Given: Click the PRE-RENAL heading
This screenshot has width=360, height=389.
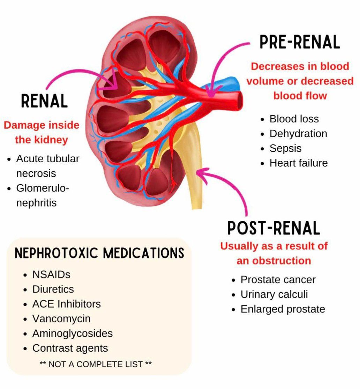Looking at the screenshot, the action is pos(300,42).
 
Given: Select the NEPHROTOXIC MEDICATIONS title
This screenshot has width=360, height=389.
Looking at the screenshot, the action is pos(99,253).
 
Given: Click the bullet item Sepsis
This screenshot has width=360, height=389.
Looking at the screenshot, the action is pos(285,148).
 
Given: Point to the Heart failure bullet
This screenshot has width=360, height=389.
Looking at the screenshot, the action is pos(299,163).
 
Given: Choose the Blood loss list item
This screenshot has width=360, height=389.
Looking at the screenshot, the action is pos(294,119).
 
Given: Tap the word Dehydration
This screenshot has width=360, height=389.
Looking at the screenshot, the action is pos(298,134).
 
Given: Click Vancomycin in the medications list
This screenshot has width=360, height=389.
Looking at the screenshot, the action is pos(61,319).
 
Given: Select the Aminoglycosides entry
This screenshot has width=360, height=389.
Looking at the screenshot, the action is pos(73,334).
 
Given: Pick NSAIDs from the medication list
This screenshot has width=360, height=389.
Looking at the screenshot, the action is pos(51,275).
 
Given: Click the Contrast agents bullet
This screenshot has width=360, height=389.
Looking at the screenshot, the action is pos(70,348).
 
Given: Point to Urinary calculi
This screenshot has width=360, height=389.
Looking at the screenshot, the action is pos(274,294).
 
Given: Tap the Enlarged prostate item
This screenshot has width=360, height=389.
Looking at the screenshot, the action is pos(283,309).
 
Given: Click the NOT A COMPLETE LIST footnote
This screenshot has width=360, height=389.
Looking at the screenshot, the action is pos(96,364).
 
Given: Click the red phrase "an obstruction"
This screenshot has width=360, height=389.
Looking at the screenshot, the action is pos(273,261).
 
